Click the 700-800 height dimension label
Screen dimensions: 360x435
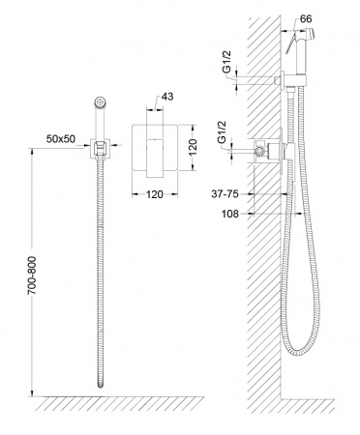tap(32, 275)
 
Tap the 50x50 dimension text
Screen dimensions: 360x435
tap(61, 139)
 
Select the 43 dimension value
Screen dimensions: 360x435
tap(166, 97)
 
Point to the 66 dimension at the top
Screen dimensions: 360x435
tap(306, 18)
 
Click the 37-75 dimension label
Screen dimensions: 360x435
tap(225, 194)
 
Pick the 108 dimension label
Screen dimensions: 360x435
tap(230, 214)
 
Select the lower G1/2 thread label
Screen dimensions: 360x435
tap(222, 131)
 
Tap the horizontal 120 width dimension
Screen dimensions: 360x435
tap(155, 194)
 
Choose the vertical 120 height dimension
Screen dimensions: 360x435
tap(193, 147)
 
